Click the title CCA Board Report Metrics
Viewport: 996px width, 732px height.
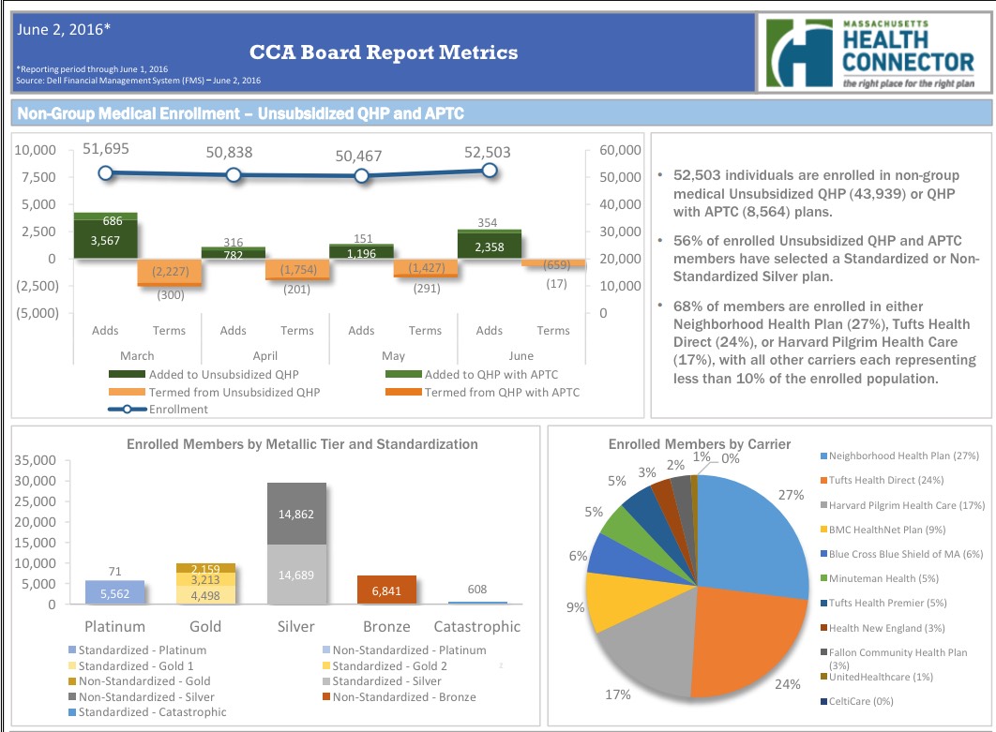coord(384,52)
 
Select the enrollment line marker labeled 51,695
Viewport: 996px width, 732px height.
coord(105,172)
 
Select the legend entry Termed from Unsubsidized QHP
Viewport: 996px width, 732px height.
coord(234,392)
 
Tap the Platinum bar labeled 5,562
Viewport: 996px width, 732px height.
coord(115,592)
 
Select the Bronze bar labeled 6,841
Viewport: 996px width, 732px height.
coord(386,590)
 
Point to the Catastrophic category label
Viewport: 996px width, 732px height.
coord(476,626)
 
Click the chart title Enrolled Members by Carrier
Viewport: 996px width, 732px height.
coord(699,444)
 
